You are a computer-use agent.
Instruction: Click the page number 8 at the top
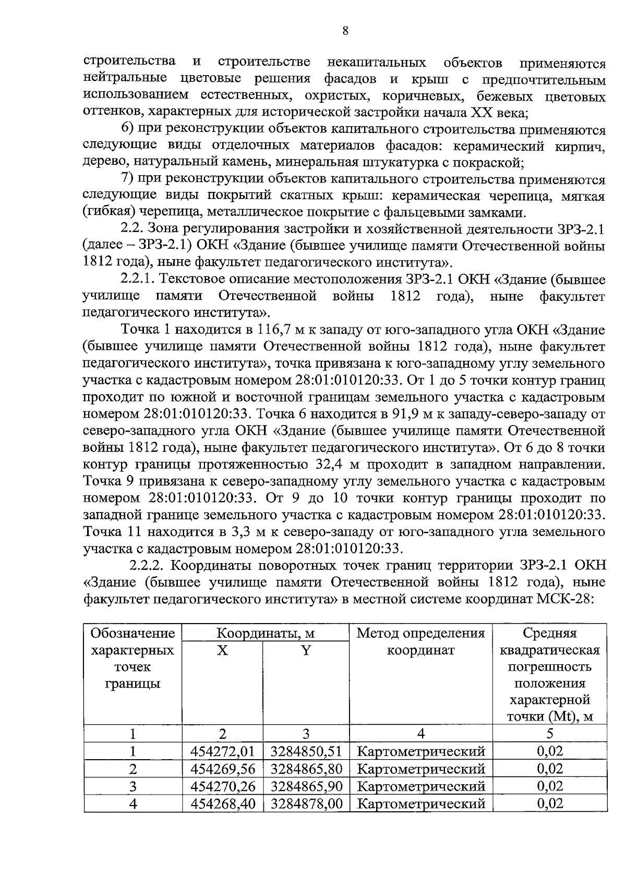pyautogui.click(x=345, y=31)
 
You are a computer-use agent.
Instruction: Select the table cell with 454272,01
pyautogui.click(x=222, y=751)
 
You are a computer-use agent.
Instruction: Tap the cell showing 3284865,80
pyautogui.click(x=306, y=769)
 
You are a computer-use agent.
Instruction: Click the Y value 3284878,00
pyautogui.click(x=306, y=803)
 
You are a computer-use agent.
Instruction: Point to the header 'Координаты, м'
pyautogui.click(x=266, y=634)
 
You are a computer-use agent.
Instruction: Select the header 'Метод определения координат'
pyautogui.click(x=420, y=642)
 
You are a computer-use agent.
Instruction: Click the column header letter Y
pyautogui.click(x=306, y=651)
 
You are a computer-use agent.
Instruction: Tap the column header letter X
pyautogui.click(x=222, y=651)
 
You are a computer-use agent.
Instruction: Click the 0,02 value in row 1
pyautogui.click(x=550, y=751)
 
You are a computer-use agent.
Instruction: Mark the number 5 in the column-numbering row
pyautogui.click(x=550, y=734)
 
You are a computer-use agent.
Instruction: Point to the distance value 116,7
pyautogui.click(x=275, y=330)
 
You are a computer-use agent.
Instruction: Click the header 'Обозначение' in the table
pyautogui.click(x=133, y=634)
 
